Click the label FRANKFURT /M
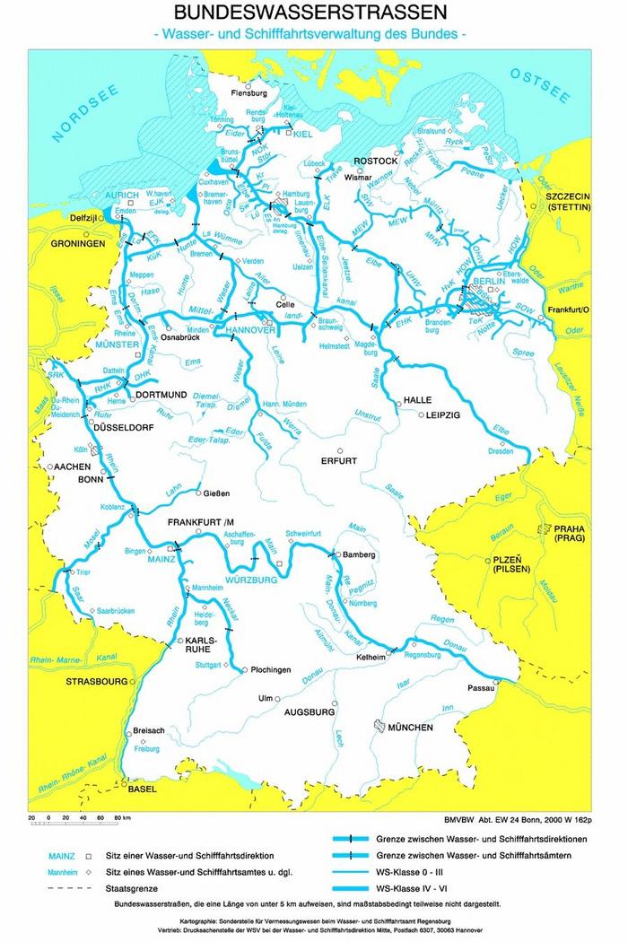pos(201,521)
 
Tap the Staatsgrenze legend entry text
pos(132,888)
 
